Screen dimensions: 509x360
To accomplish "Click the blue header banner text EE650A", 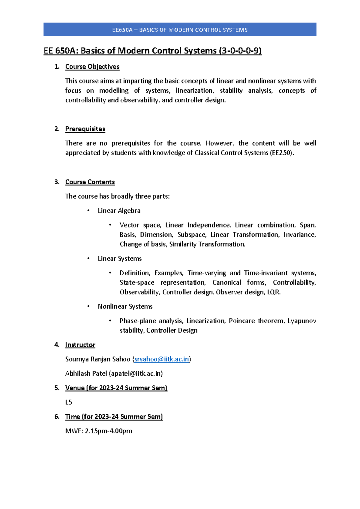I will pyautogui.click(x=122, y=30).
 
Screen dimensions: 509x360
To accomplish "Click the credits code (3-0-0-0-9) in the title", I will pyautogui.click(x=240, y=51).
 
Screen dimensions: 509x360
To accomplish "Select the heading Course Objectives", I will pyautogui.click(x=92, y=67).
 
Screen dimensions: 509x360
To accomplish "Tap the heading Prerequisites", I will pyautogui.click(x=85, y=129).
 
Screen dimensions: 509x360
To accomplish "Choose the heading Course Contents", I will pyautogui.click(x=90, y=182).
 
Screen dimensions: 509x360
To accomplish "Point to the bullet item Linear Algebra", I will pyautogui.click(x=119, y=211).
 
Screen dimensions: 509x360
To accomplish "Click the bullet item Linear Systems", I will pyautogui.click(x=119, y=259).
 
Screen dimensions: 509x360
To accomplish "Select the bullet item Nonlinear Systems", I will pyautogui.click(x=125, y=306).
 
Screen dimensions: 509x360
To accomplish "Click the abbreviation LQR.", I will pyautogui.click(x=274, y=292).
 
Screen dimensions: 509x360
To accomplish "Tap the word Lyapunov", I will pyautogui.click(x=301, y=321).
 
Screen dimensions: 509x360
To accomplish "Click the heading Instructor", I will pyautogui.click(x=80, y=345).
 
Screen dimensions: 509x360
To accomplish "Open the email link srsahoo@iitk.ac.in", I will pyautogui.click(x=162, y=359).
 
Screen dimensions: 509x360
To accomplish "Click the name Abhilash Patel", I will pyautogui.click(x=86, y=373).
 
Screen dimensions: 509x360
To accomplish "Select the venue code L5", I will pyautogui.click(x=68, y=402).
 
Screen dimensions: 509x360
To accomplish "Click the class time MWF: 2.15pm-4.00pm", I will pyautogui.click(x=98, y=431).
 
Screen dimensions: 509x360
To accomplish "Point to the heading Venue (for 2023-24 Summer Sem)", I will pyautogui.click(x=116, y=388).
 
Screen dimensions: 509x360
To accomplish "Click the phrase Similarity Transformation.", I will pyautogui.click(x=207, y=244).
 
